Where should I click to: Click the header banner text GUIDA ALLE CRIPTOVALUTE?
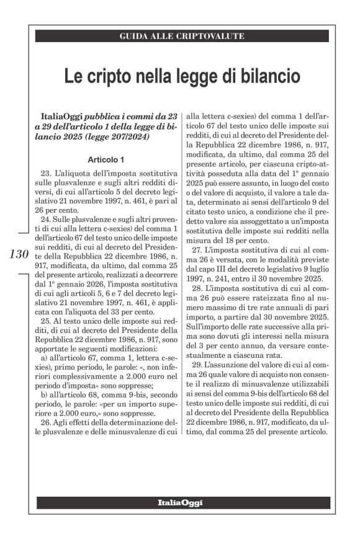click(x=181, y=37)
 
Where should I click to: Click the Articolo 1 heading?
click(x=106, y=159)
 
